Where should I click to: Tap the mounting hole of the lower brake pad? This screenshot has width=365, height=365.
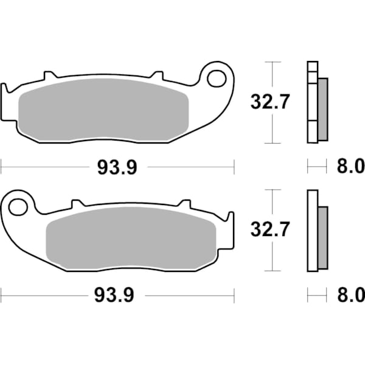click(x=18, y=207)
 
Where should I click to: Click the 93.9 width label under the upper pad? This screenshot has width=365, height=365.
click(x=117, y=167)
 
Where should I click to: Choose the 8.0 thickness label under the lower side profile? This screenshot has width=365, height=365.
click(x=350, y=296)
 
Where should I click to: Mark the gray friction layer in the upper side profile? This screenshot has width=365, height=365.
click(x=322, y=109)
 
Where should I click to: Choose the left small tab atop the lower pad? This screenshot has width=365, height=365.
click(x=77, y=205)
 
